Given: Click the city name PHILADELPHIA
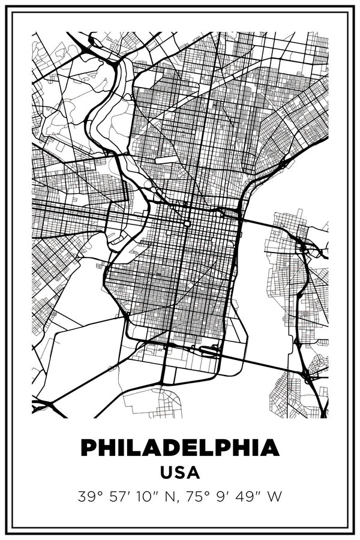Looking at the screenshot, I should (180, 448).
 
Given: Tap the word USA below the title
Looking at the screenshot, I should (180, 473).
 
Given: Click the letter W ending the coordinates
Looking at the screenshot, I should (276, 497).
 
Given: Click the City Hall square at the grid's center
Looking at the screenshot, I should (187, 223).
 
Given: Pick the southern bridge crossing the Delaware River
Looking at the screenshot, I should (264, 362).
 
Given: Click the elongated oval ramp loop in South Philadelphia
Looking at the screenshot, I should (210, 351).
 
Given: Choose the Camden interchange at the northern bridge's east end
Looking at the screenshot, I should (303, 246).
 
